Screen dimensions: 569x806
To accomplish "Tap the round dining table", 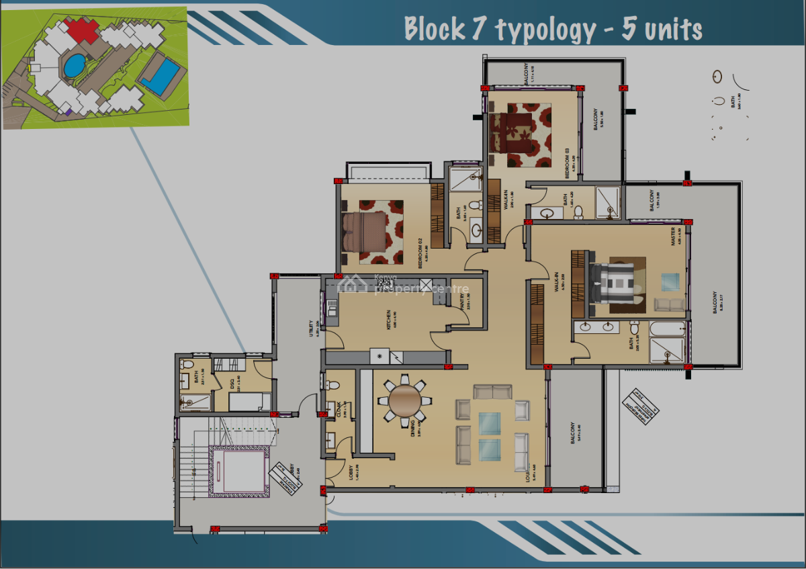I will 405,400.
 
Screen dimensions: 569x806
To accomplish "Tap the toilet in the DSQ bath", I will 187,364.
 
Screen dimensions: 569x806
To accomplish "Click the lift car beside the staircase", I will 238,470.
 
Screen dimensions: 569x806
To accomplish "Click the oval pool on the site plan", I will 74,66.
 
